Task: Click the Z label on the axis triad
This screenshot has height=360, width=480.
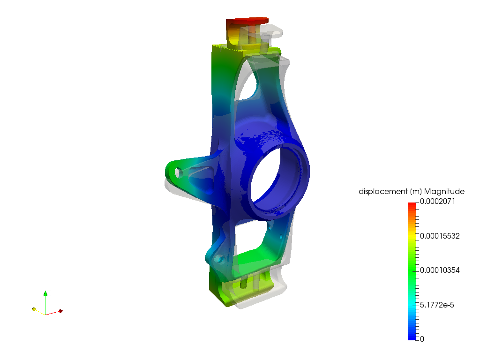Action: (49, 293)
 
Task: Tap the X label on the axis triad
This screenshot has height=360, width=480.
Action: (63, 309)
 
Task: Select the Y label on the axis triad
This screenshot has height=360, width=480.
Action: (37, 307)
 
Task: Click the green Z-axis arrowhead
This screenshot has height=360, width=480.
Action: (45, 293)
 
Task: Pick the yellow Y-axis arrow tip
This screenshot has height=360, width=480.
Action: (34, 309)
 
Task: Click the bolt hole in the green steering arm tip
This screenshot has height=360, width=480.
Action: (178, 172)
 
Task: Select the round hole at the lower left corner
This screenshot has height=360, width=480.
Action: (218, 258)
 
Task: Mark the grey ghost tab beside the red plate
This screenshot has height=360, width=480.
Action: (274, 32)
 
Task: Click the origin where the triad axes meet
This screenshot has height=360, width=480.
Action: (45, 314)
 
